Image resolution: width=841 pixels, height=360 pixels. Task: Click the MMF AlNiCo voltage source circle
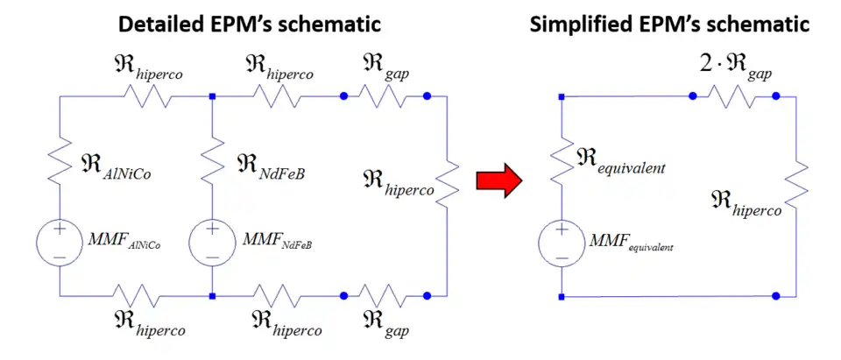click(59, 240)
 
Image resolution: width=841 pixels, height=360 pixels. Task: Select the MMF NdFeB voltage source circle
click(213, 240)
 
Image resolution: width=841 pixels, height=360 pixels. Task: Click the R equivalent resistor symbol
click(561, 163)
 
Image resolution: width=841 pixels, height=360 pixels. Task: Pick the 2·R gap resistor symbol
click(734, 96)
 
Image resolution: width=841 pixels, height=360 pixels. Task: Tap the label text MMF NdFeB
click(273, 240)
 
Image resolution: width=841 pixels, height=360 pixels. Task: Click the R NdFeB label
click(271, 163)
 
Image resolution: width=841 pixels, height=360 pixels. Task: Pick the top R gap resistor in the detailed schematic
click(385, 96)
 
